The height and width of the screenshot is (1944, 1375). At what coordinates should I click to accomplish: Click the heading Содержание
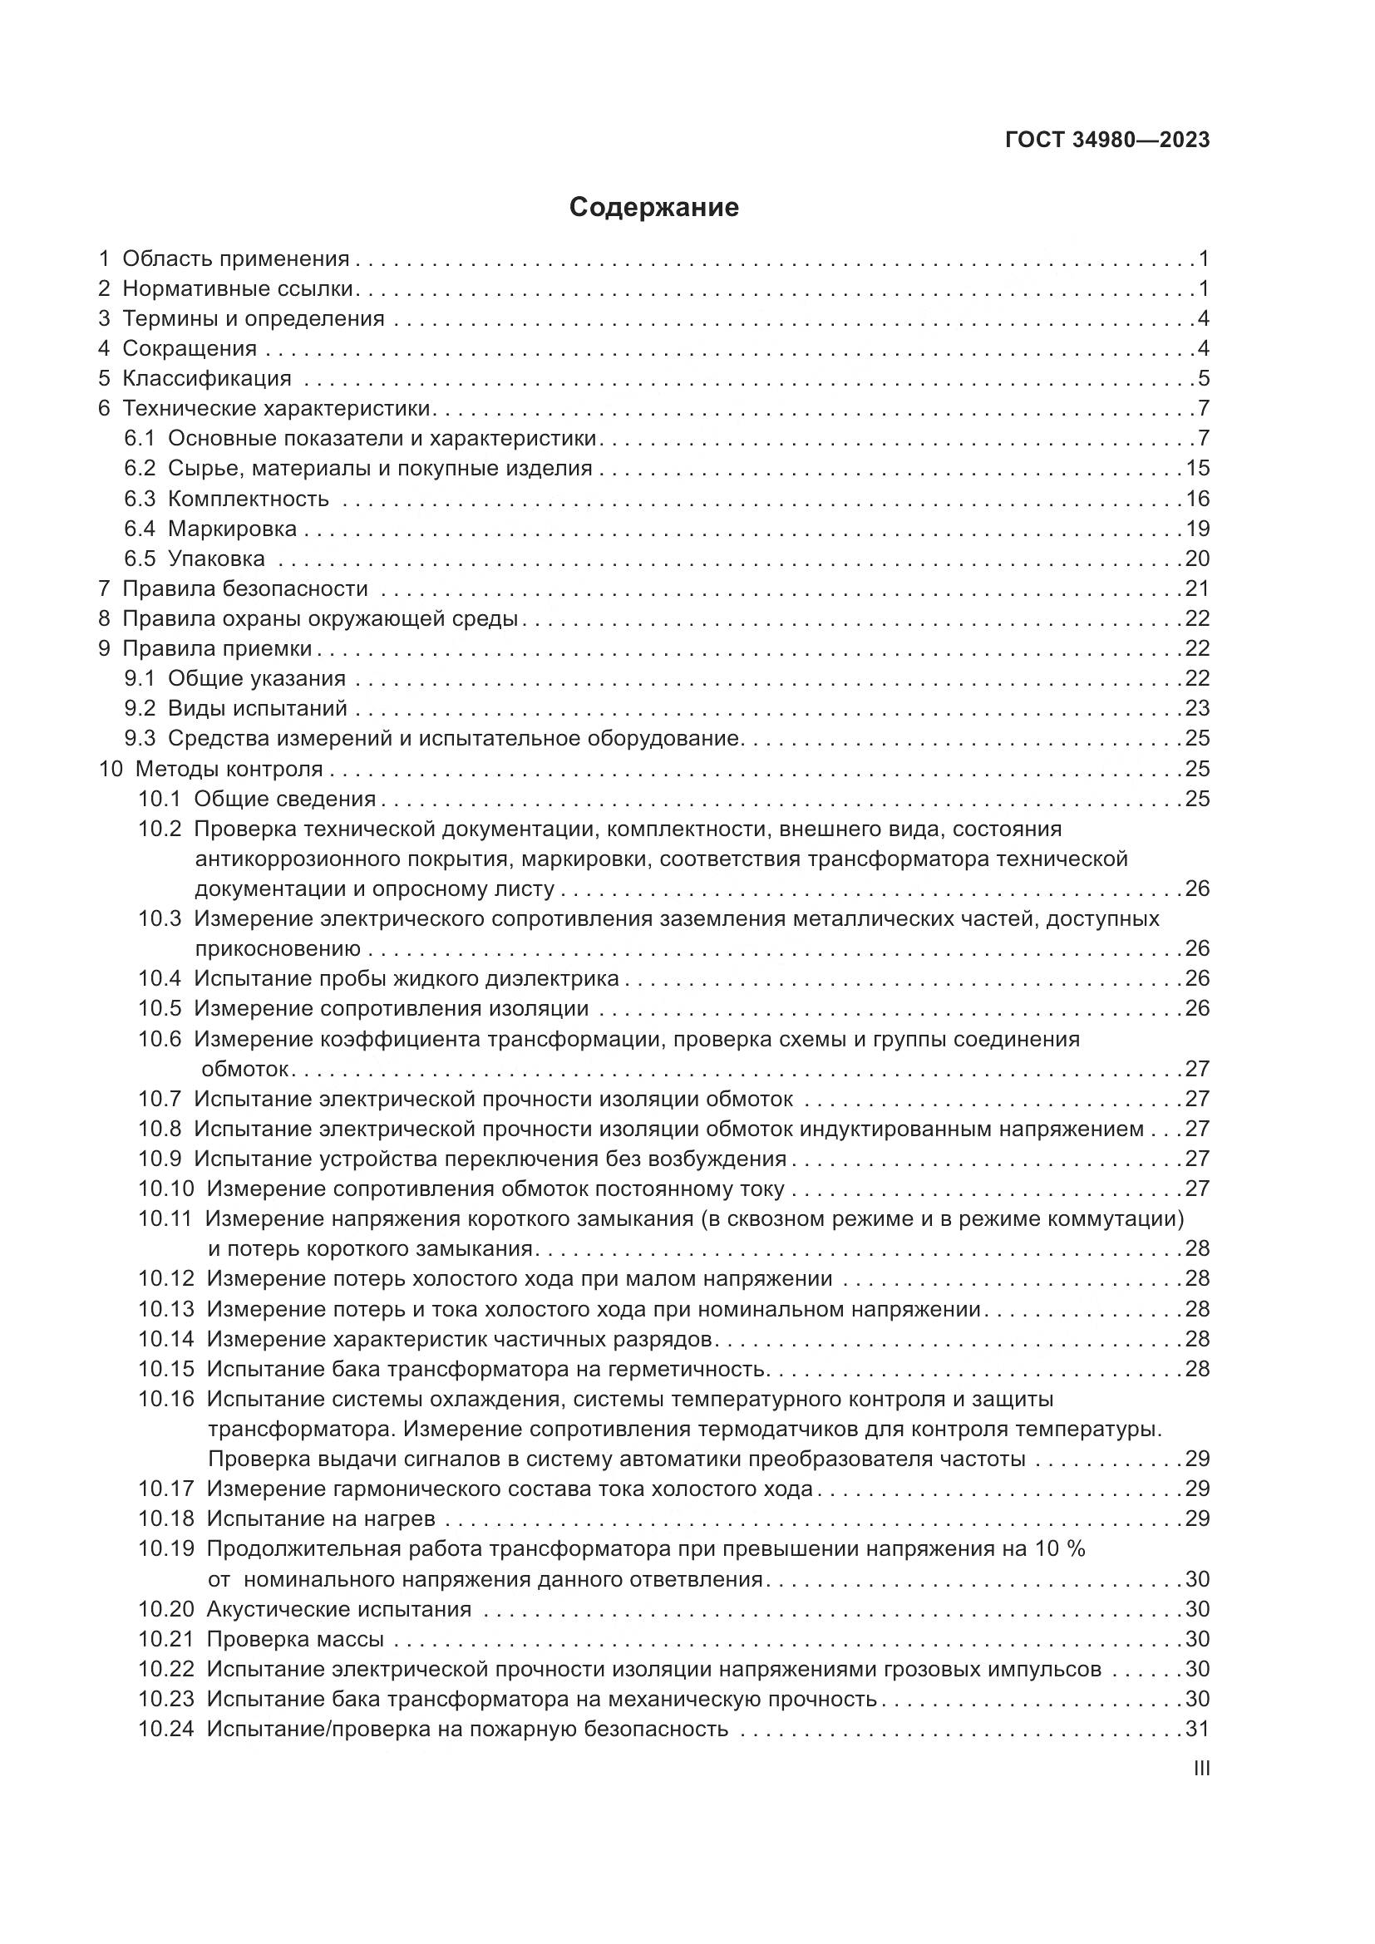click(653, 208)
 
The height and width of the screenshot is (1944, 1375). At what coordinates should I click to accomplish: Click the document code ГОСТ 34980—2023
click(1107, 140)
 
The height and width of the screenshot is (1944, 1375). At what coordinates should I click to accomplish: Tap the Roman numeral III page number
click(1200, 1769)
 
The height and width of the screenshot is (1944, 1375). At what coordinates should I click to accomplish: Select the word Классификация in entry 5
click(207, 378)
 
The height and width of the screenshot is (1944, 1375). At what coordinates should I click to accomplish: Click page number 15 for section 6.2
click(1197, 468)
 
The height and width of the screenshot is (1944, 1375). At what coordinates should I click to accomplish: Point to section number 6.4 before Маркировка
click(140, 529)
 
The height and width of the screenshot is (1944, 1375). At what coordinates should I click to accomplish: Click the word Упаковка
click(216, 559)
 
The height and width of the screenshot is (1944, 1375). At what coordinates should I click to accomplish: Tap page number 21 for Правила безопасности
click(1197, 588)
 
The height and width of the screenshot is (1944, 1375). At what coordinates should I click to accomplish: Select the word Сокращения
click(190, 349)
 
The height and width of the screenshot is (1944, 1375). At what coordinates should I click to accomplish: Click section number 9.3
click(140, 738)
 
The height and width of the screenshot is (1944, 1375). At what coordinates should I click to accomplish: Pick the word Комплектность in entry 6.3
click(248, 499)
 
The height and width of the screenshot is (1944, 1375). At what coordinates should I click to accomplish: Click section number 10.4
click(160, 979)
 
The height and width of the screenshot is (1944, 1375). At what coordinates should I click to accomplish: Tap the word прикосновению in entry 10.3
click(278, 948)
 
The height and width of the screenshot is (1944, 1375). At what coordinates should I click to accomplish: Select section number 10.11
click(166, 1218)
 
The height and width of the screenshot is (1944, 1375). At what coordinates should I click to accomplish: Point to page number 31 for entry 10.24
click(1197, 1729)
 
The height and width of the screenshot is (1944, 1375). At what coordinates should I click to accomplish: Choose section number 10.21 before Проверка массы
click(166, 1639)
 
